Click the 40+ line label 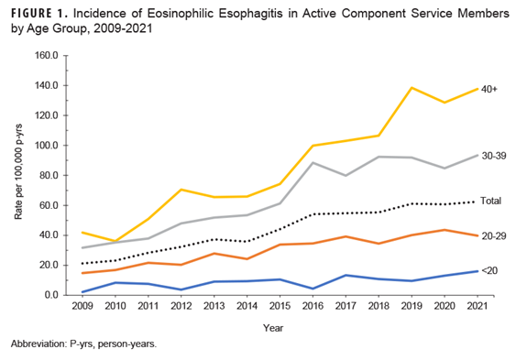[489, 88]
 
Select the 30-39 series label [493, 155]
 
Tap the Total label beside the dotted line [491, 201]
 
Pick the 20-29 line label [493, 235]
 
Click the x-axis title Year [273, 326]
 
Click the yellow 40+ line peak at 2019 [410, 88]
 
